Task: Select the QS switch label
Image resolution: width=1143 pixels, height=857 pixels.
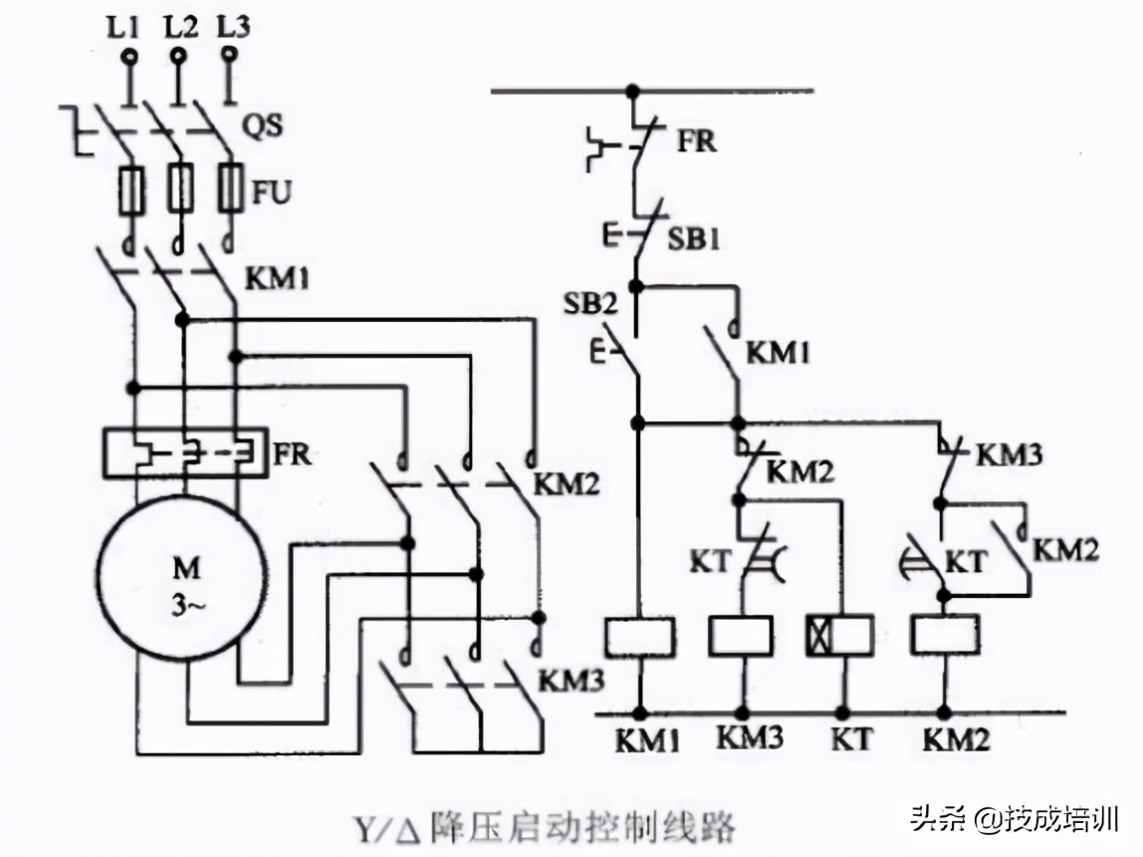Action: pos(266,127)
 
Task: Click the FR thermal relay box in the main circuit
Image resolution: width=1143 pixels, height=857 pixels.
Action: pos(185,454)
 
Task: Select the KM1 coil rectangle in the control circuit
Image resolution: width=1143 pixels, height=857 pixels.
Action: pos(639,636)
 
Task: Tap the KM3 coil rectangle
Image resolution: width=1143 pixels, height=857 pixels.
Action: pos(741,636)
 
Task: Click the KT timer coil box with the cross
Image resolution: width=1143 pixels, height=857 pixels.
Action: pos(839,636)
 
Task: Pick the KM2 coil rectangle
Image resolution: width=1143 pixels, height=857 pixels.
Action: pos(945,634)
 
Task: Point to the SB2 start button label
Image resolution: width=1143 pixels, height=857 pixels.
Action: pos(589,305)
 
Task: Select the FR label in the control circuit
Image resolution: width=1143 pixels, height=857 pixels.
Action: pos(697,141)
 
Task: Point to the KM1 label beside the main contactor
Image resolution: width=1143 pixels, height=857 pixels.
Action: pos(276,278)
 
